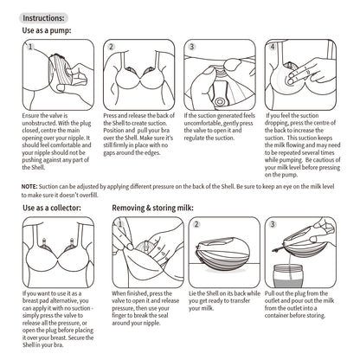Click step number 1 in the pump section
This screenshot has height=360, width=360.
coord(30,48)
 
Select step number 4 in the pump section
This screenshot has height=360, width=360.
coord(272,48)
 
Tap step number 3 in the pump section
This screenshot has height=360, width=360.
coord(191,48)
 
